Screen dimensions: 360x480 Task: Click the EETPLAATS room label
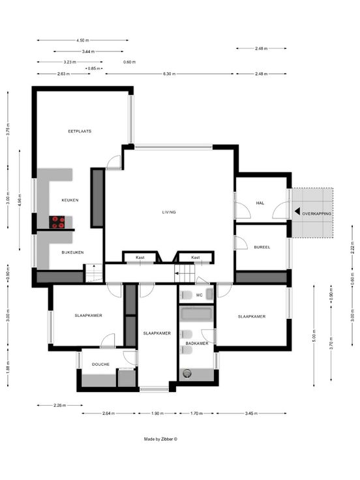[x=80, y=131]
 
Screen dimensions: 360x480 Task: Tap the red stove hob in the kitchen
[x=57, y=222]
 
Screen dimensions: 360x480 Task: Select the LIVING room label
[x=169, y=212]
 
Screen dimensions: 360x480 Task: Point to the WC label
[x=200, y=295]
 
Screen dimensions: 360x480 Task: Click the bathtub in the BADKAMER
[x=196, y=314]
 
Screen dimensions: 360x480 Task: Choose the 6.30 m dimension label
[x=170, y=74]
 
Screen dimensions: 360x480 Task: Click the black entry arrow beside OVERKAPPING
[x=297, y=211]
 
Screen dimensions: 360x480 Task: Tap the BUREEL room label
[x=262, y=247]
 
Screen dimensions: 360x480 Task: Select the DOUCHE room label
[x=100, y=365]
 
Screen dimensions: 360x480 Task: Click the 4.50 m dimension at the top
[x=83, y=40]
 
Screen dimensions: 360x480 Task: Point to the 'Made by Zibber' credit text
[x=160, y=439]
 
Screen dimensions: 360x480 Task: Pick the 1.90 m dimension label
[x=157, y=413]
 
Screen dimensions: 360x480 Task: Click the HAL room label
[x=260, y=203]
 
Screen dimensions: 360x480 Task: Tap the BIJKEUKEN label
[x=72, y=252]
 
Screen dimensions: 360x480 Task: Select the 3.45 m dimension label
[x=251, y=413]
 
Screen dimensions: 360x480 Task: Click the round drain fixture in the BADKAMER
[x=187, y=373]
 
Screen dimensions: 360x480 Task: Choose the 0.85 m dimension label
[x=94, y=68]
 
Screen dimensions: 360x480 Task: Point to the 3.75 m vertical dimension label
[x=8, y=129]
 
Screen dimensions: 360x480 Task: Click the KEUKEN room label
[x=70, y=200]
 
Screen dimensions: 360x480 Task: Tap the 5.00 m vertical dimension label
[x=314, y=335]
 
